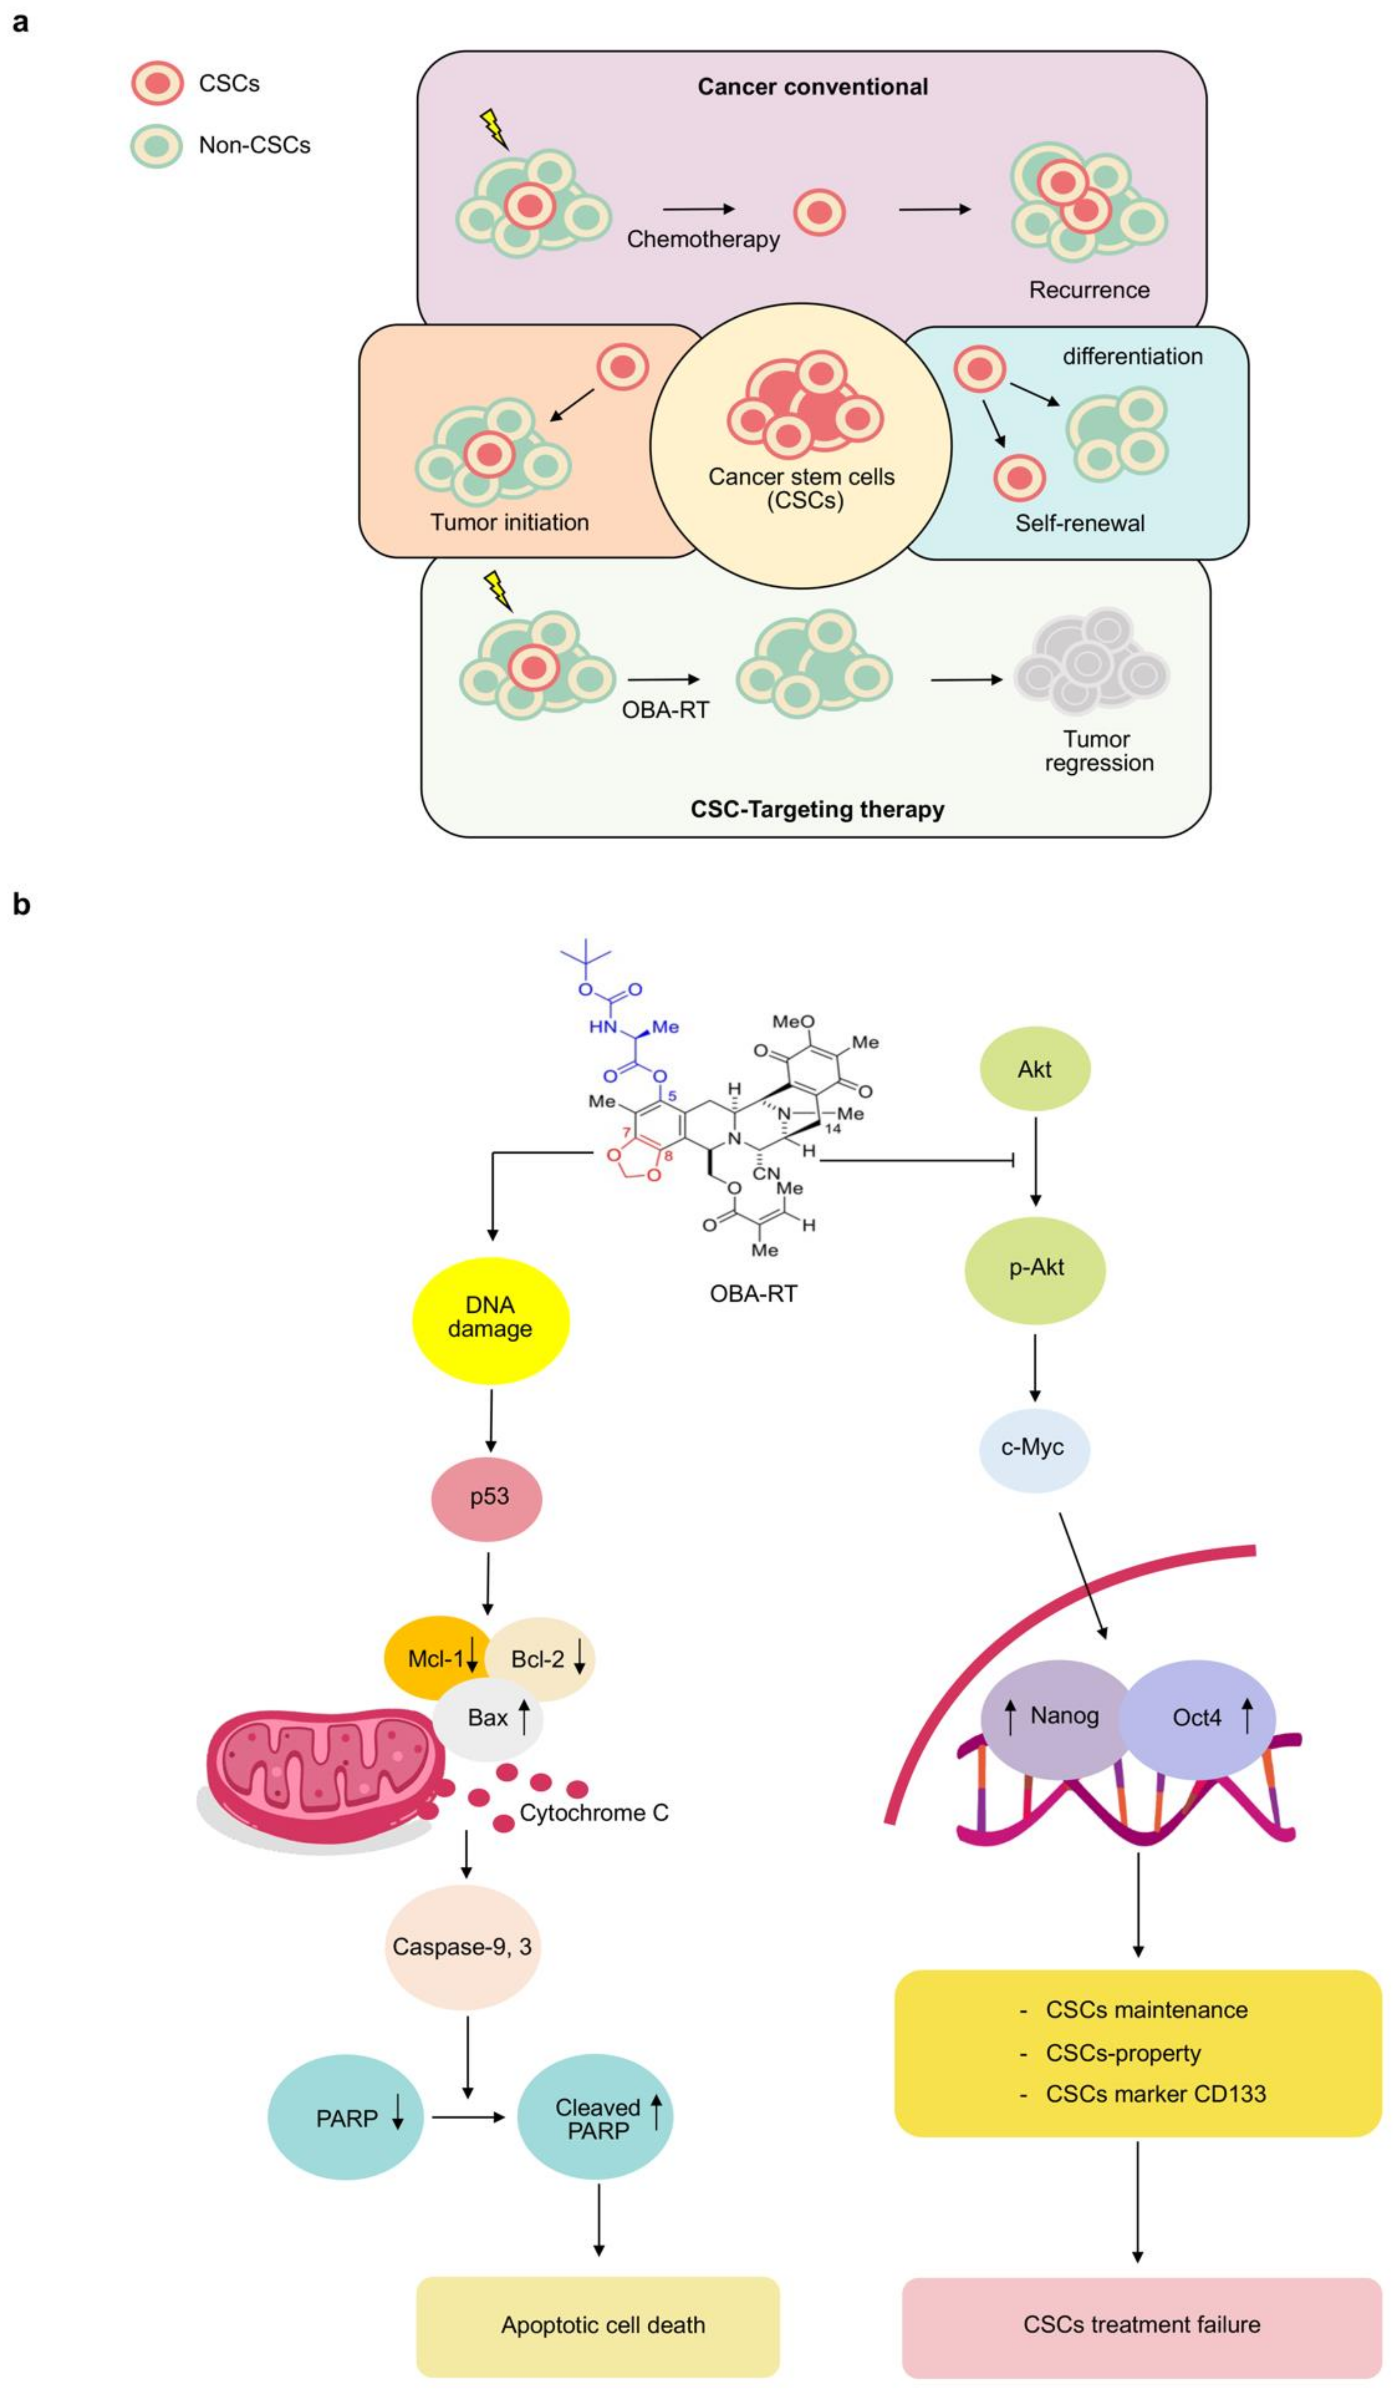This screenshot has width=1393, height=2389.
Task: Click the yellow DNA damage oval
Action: click(x=490, y=1320)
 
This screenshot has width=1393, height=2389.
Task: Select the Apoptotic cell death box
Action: click(x=599, y=2325)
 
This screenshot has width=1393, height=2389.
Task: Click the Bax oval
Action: click(x=489, y=1718)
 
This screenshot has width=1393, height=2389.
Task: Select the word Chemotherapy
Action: click(x=702, y=239)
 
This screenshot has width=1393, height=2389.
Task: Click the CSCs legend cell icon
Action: click(x=156, y=83)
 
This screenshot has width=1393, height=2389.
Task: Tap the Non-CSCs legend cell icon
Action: click(x=156, y=145)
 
